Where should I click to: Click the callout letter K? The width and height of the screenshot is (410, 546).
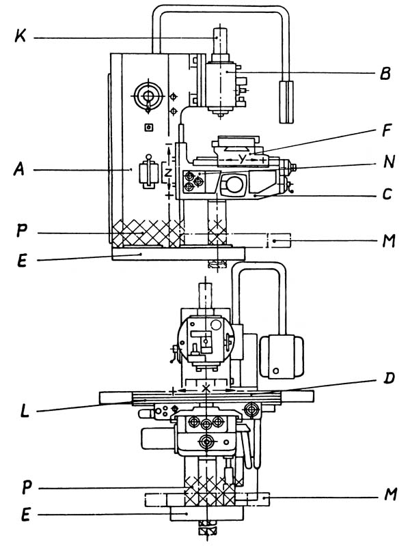20,36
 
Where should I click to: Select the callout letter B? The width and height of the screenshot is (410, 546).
385,74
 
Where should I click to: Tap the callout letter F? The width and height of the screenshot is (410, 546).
386,130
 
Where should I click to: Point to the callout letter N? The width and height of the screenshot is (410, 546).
388,162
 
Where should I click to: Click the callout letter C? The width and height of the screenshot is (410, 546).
387,194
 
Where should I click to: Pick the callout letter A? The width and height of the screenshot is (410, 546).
20,169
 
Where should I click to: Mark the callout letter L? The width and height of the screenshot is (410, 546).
25,411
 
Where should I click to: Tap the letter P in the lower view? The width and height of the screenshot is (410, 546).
27,487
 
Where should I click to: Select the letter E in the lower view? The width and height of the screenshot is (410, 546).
26,515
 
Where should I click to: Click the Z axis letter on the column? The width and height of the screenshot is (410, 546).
168,172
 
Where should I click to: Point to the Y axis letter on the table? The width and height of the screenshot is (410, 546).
243,159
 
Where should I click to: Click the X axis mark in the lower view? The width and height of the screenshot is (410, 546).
206,388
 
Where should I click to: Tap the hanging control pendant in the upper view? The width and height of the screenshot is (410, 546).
286,102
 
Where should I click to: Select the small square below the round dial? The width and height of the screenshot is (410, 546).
149,128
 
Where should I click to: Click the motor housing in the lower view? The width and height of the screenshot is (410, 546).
282,356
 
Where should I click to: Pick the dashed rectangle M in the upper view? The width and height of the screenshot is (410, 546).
279,241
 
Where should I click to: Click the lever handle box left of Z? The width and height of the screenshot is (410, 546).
149,173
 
